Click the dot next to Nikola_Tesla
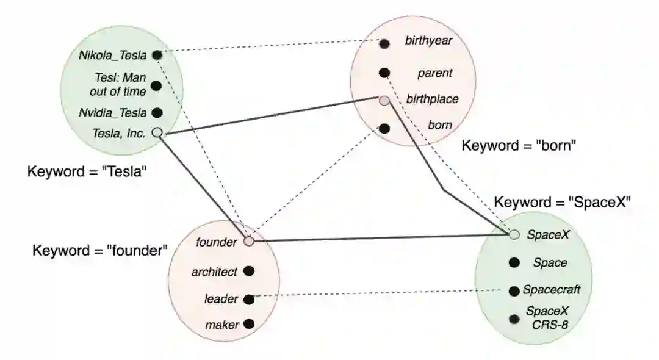tap(156, 56)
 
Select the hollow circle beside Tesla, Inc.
tap(156, 132)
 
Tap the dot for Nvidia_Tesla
tap(156, 112)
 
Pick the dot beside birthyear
tap(384, 43)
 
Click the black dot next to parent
tap(384, 73)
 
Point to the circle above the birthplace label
tap(384, 101)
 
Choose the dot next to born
tap(384, 129)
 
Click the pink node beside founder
tap(248, 241)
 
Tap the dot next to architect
tap(248, 271)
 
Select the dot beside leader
tap(248, 299)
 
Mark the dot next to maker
tap(248, 324)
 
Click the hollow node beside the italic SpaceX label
tap(514, 234)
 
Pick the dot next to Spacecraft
tap(514, 290)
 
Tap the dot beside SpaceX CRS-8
tap(514, 318)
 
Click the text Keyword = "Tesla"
tap(88, 171)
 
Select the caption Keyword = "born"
tap(519, 146)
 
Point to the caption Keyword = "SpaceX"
tap(561, 203)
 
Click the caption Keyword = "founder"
tap(100, 251)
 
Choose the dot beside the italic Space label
tap(514, 262)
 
